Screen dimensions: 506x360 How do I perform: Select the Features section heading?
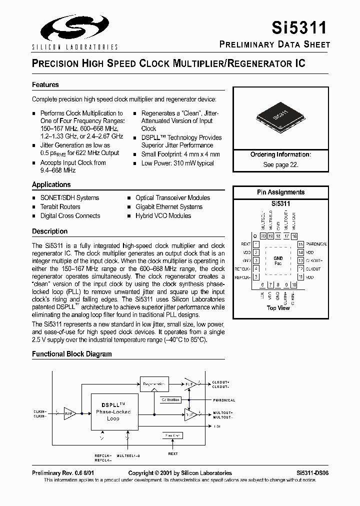coord(45,85)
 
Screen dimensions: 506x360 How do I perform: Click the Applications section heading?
coord(51,184)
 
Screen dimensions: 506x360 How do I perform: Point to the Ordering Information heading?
coord(280,155)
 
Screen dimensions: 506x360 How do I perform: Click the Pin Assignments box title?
coord(280,192)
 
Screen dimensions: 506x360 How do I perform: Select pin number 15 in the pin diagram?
coord(300,244)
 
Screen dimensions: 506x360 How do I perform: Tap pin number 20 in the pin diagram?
coord(263,236)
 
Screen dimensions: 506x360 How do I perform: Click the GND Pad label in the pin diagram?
coord(278,260)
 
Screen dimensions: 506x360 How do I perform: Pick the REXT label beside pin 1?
coord(245,244)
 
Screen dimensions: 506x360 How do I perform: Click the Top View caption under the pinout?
coord(278,308)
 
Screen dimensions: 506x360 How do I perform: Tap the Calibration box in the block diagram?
coord(170,400)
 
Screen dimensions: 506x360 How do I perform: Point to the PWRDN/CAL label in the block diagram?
coord(223,400)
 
